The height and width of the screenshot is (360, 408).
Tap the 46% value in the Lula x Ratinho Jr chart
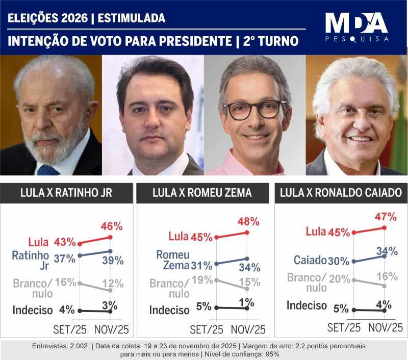112,225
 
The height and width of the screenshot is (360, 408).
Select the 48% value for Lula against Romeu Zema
249,221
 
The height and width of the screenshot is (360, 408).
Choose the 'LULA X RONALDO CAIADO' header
341,193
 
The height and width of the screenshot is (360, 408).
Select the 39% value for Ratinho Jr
112,261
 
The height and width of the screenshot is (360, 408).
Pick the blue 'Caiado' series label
310,260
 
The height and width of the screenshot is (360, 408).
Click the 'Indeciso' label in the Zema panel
170,310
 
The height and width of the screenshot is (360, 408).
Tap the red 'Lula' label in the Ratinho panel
40,241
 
